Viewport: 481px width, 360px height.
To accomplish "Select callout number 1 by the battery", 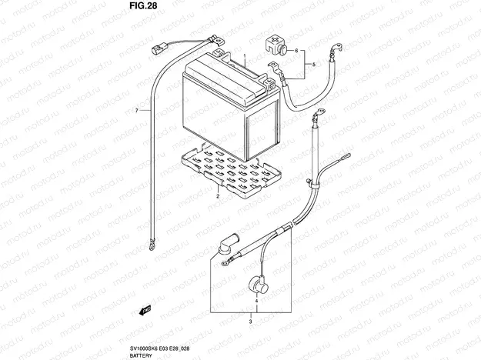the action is tap(245, 56).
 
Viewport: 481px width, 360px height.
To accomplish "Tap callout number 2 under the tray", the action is tap(218, 196).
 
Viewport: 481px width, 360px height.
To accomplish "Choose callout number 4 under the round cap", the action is tap(313, 65).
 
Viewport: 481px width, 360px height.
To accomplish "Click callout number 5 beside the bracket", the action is tap(296, 50).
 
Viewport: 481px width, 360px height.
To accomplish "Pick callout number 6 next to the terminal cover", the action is tap(137, 110).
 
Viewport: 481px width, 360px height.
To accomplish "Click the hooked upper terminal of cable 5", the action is tap(336, 49).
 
